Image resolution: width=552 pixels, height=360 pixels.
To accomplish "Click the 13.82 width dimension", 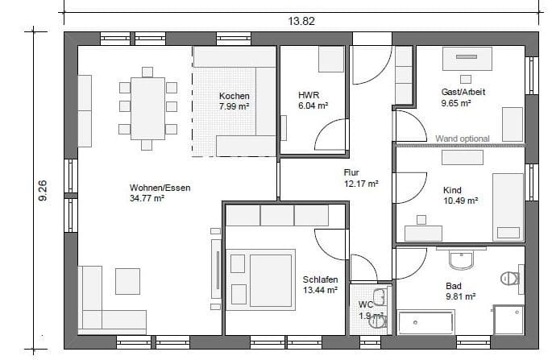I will pyautogui.click(x=301, y=21).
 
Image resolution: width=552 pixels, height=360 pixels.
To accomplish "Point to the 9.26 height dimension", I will pyautogui.click(x=44, y=190).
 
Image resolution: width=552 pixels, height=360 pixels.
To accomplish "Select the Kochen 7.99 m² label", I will pyautogui.click(x=234, y=101).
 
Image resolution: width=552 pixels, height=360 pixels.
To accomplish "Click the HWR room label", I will pyautogui.click(x=309, y=95).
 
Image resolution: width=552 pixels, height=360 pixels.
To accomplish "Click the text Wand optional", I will pyautogui.click(x=462, y=139).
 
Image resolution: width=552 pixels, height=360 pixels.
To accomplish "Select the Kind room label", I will pyautogui.click(x=453, y=191).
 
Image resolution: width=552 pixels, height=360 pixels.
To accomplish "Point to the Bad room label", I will pyautogui.click(x=454, y=285).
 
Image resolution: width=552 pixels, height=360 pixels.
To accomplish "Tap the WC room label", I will pyautogui.click(x=366, y=304).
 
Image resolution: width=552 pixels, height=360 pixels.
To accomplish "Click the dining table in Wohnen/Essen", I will pyautogui.click(x=147, y=106).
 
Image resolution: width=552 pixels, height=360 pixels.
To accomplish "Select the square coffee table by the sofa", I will pyautogui.click(x=127, y=280).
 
